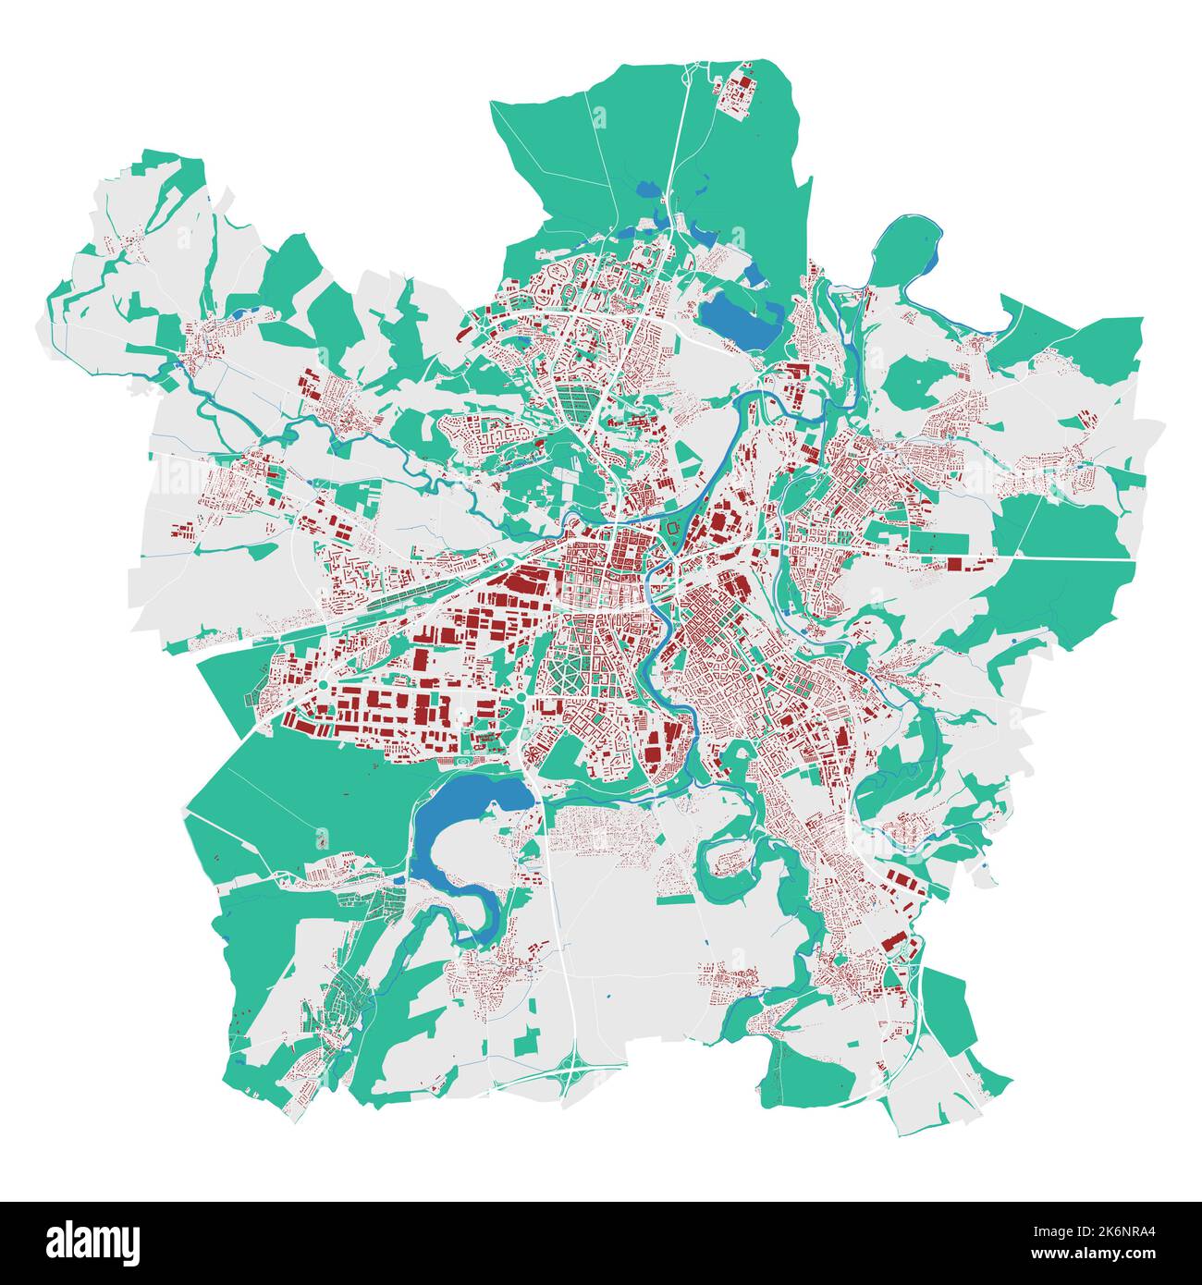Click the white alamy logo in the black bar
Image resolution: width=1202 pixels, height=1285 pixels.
point(92,1242)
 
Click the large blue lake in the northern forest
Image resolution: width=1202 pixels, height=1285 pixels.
point(739,319)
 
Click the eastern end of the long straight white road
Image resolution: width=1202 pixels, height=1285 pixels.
point(1130,560)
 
